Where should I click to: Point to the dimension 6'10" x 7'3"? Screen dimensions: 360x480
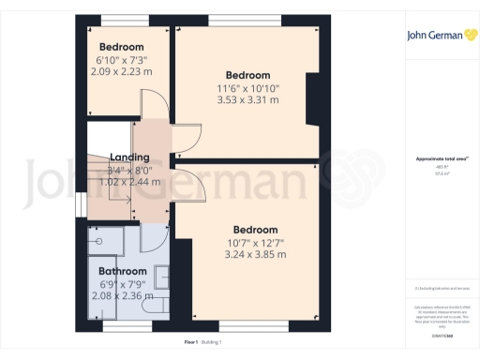point(122,59)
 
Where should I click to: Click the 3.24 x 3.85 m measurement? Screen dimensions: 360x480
point(255,255)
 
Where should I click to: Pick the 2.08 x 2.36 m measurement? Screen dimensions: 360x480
point(123,296)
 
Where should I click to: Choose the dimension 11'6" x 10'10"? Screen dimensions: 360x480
point(247,88)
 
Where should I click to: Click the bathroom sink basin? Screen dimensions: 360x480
point(159,277)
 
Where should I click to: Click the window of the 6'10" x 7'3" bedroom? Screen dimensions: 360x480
point(117,19)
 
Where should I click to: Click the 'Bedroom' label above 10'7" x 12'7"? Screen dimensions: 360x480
point(255,231)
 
